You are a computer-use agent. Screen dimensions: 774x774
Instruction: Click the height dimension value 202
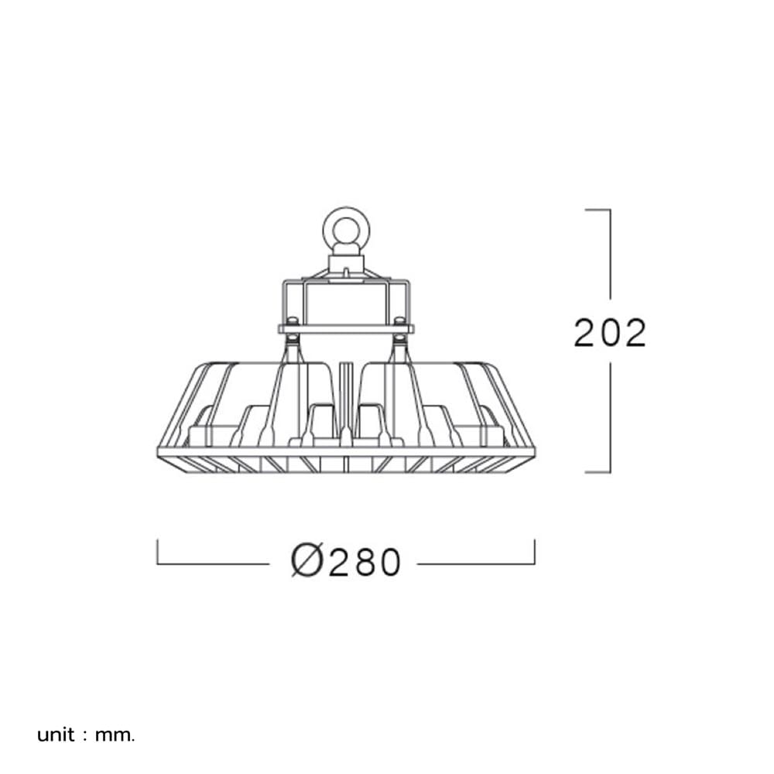click(x=610, y=333)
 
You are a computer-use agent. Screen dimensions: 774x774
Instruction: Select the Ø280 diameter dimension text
click(x=345, y=561)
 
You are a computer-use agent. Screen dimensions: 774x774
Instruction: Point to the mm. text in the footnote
click(x=115, y=736)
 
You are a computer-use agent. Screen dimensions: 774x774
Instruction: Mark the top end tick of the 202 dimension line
click(x=598, y=210)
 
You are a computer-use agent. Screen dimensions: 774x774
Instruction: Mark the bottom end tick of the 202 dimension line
click(x=598, y=472)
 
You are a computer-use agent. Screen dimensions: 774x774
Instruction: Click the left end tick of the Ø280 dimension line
click(x=157, y=552)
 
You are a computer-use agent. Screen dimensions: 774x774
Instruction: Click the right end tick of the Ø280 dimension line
click(x=535, y=552)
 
